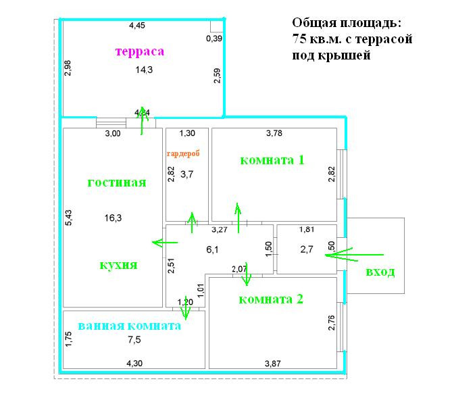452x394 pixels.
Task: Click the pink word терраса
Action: [140, 51]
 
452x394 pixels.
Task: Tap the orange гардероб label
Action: [183, 154]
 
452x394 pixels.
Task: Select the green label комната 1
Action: [272, 160]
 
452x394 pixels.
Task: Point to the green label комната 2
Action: [272, 299]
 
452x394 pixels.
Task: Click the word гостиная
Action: [117, 182]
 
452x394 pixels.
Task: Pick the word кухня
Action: [118, 265]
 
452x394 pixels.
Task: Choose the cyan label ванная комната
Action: [129, 326]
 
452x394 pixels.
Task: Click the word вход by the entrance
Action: [380, 272]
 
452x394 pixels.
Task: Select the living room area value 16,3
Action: [113, 218]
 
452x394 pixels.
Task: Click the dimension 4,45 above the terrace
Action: [137, 26]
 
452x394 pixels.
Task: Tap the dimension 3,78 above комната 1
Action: [274, 133]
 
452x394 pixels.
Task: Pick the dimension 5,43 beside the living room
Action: [68, 218]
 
